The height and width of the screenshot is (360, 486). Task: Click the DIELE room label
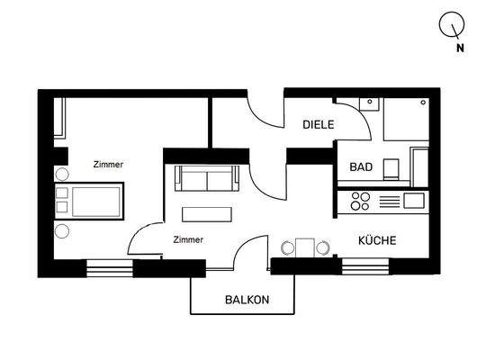[x=319, y=127]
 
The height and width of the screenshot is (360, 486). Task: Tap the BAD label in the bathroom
[x=361, y=168]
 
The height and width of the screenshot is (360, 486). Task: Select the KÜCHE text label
[x=377, y=241]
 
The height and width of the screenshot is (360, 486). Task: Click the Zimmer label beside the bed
[x=108, y=165]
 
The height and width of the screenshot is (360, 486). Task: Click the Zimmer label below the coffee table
[x=188, y=239]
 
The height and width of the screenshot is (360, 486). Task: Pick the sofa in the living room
[x=207, y=179]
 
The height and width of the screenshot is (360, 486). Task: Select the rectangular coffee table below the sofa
[x=207, y=214]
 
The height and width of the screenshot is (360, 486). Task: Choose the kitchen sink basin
[x=415, y=199]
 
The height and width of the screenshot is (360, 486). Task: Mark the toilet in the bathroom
[x=391, y=168]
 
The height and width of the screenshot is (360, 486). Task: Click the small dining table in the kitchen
[x=305, y=247]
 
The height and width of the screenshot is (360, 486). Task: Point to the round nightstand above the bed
[x=61, y=175]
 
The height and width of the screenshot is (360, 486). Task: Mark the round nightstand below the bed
[x=61, y=231]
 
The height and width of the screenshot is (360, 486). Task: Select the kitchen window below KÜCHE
[x=364, y=265]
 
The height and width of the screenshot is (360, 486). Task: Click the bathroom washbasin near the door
[x=366, y=103]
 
